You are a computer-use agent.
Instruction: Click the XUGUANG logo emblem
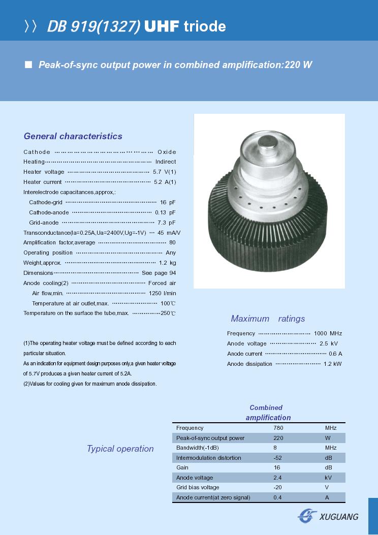pos(307,516)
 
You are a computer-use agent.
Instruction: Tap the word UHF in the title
pos(162,26)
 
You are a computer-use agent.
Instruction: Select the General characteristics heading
pos(73,136)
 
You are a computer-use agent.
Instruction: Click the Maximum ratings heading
pos(268,319)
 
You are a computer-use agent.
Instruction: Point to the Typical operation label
pos(120,449)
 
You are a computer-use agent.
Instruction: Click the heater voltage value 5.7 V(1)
pos(165,172)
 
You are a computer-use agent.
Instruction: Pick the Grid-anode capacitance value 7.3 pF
pos(166,223)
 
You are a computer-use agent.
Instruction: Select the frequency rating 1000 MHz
pos(328,333)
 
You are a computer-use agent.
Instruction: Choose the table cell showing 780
pos(278,428)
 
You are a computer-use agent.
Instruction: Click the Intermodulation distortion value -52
pos(278,458)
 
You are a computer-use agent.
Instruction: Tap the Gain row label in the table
pos(182,467)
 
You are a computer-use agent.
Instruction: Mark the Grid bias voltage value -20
pos(277,487)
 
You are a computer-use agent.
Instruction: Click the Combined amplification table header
pos(268,413)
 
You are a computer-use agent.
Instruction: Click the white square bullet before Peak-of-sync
pos(28,65)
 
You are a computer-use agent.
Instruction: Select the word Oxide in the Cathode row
pos(167,152)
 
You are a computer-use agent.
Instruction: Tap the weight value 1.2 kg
pos(167,263)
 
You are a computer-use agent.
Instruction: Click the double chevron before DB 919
pos(31,26)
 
